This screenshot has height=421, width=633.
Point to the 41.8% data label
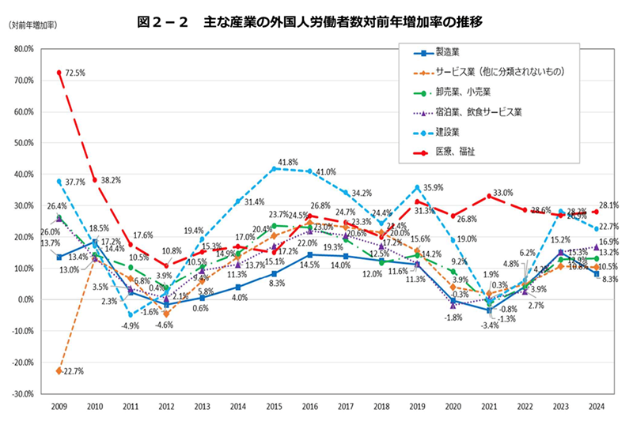click(287, 162)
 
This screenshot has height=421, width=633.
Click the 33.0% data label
click(503, 193)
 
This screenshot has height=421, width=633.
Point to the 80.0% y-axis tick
click(25, 49)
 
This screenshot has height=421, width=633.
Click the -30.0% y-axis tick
click(23, 393)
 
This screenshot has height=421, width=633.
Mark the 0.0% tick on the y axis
click(26, 299)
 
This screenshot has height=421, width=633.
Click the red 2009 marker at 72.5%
click(59, 73)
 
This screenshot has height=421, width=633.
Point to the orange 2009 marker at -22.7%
click(59, 370)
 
